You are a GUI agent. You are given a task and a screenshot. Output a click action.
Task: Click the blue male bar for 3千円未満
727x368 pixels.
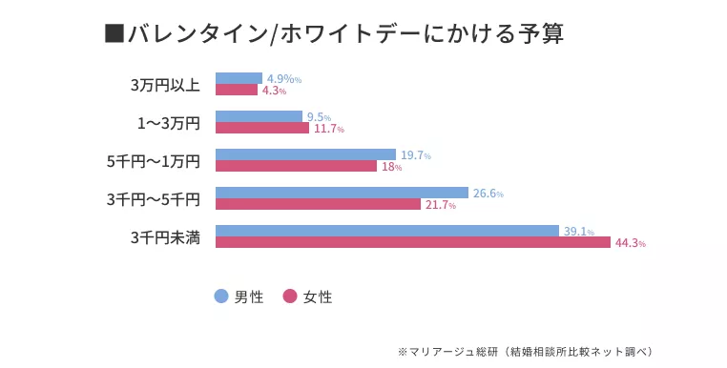pyautogui.click(x=386, y=231)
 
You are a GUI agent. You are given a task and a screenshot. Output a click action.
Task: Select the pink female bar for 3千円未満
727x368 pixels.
pyautogui.click(x=412, y=242)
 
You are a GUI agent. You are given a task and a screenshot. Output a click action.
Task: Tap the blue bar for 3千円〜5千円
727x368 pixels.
pyautogui.click(x=342, y=193)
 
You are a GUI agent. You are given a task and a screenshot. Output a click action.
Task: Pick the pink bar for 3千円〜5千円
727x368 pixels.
pyautogui.click(x=318, y=204)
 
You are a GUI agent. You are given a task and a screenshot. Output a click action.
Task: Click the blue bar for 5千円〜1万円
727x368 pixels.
pyautogui.click(x=305, y=154)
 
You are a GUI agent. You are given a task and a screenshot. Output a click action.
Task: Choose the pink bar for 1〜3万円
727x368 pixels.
pyautogui.click(x=262, y=128)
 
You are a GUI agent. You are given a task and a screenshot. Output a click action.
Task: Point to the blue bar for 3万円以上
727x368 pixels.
pyautogui.click(x=239, y=78)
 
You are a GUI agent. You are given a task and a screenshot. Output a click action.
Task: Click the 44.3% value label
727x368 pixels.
pyautogui.click(x=630, y=243)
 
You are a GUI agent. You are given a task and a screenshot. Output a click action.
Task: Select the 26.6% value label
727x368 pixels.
pyautogui.click(x=488, y=194)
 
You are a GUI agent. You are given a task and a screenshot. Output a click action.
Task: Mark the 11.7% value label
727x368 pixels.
pyautogui.click(x=328, y=129)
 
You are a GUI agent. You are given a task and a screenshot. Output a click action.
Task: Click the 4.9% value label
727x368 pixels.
pyautogui.click(x=283, y=79)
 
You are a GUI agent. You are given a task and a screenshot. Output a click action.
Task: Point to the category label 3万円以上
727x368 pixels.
pyautogui.click(x=165, y=85)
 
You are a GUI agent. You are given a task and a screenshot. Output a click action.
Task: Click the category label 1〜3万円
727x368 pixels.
pyautogui.click(x=168, y=123)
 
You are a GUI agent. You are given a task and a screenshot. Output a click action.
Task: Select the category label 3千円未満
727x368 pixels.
pyautogui.click(x=165, y=237)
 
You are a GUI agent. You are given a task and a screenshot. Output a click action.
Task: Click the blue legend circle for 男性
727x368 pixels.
pyautogui.click(x=221, y=296)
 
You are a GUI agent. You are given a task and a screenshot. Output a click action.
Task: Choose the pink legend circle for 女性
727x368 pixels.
pyautogui.click(x=290, y=296)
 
